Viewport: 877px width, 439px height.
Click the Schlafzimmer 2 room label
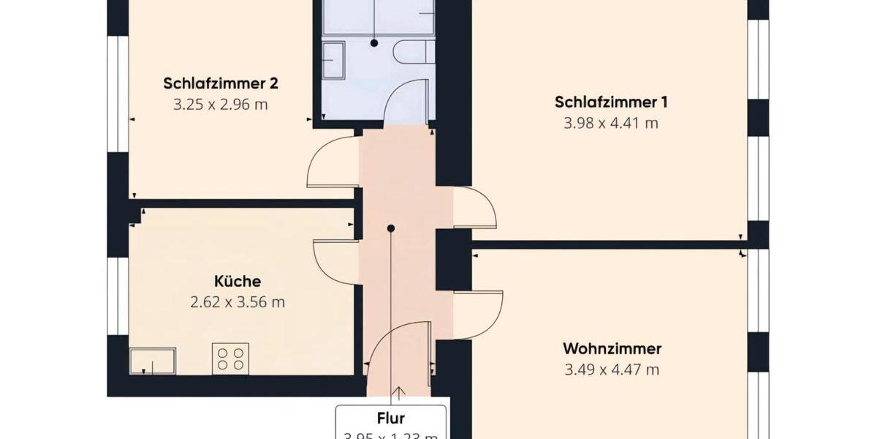[221, 83]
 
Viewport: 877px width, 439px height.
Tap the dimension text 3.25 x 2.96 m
[221, 105]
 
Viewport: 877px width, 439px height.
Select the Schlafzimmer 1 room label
[611, 102]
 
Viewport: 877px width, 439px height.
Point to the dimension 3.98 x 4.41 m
[611, 123]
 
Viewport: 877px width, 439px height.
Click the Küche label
[238, 281]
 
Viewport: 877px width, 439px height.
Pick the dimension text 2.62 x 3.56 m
[238, 301]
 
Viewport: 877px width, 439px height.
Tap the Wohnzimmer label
[612, 348]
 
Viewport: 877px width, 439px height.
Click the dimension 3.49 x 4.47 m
[612, 369]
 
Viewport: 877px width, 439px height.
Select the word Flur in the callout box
[391, 419]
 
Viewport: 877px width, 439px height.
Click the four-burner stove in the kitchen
[230, 359]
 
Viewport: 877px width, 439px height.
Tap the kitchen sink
[152, 361]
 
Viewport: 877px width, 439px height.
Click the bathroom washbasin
[333, 59]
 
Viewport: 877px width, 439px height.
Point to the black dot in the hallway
[391, 228]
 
